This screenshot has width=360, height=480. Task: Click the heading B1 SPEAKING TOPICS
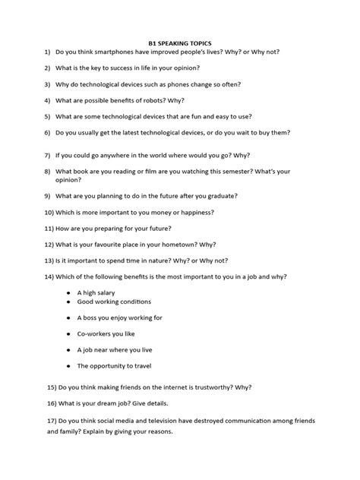tap(179, 45)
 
